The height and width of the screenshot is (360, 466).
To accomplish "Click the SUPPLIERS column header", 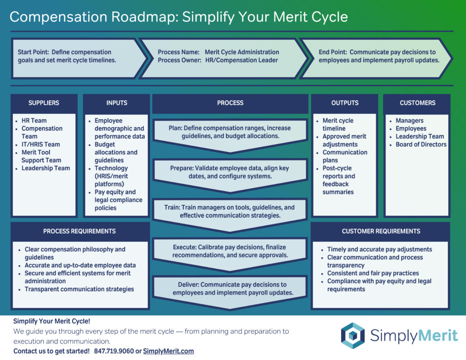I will point(44,103).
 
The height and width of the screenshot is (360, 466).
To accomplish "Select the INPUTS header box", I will point(116,103).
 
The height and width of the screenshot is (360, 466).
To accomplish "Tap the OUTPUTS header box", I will point(344,103).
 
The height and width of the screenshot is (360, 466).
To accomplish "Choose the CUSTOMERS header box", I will point(417,103).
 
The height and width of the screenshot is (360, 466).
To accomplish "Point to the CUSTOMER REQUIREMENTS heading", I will point(381,231).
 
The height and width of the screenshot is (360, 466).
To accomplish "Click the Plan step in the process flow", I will point(230,132).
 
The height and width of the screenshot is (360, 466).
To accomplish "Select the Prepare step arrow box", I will point(230,172).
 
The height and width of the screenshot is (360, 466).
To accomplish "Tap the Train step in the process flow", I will point(230,212).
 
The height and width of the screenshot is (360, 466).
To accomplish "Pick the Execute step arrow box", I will point(230,251).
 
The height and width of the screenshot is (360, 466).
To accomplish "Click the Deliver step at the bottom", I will point(230,289).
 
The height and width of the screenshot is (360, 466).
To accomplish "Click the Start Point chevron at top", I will point(73,56).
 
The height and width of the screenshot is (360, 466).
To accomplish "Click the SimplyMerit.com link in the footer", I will point(168,351).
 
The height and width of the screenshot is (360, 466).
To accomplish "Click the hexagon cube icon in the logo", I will point(353,336).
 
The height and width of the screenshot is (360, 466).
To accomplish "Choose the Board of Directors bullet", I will point(421,144).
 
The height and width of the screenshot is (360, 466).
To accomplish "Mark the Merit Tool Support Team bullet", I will point(41,156).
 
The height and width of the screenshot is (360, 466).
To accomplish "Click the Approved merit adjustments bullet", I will point(344,140).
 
